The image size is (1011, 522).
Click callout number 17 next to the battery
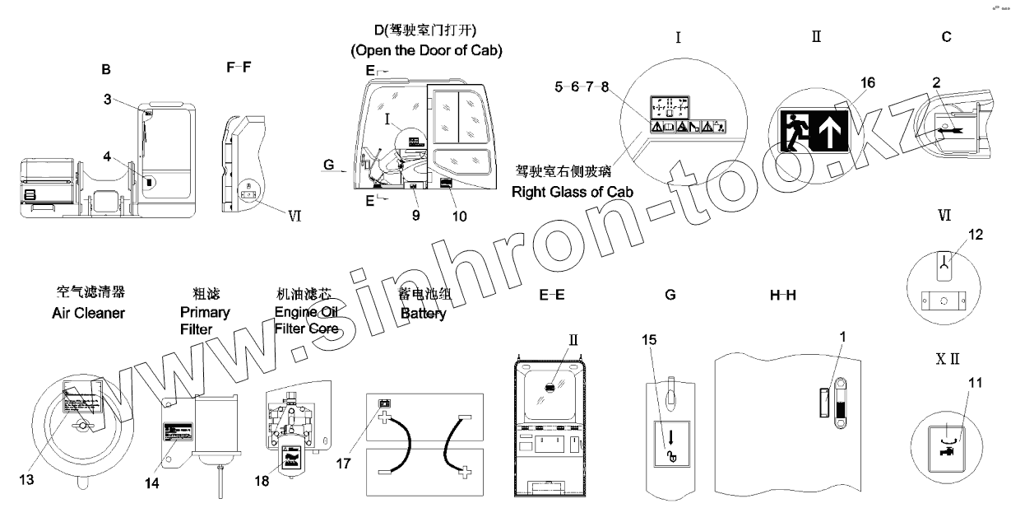pos(343,464)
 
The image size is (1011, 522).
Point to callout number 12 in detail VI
pos(976,235)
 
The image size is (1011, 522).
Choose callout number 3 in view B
pos(107,100)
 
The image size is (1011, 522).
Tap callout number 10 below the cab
pos(459,217)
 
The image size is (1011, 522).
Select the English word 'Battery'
pos(423,314)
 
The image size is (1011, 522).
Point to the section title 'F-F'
pos(239,69)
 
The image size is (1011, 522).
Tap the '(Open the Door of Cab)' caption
pos(426,51)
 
